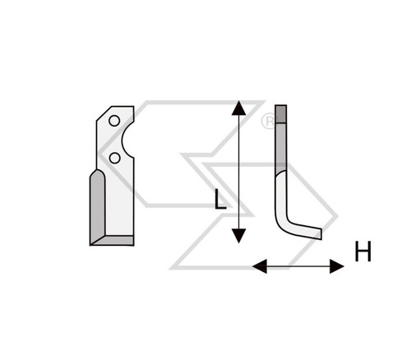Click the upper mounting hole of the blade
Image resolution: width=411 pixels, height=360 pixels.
point(114,121)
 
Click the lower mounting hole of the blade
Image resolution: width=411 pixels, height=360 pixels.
point(114,158)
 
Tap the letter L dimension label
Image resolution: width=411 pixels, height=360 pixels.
point(220,199)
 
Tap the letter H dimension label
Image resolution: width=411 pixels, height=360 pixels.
point(363,252)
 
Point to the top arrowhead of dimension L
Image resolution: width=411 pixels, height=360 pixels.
point(238,108)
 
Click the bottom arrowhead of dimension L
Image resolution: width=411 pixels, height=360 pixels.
point(238,236)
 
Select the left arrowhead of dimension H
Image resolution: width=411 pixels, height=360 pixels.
point(260,266)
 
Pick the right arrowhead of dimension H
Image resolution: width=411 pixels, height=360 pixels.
point(337,266)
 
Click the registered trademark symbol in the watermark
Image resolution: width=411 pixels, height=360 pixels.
point(269,122)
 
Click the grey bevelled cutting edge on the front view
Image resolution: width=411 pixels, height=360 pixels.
point(98,207)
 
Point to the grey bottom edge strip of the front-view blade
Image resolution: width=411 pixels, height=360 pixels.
point(115,240)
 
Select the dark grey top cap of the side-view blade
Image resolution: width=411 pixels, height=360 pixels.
point(281,114)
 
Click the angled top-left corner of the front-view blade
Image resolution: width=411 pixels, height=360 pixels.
point(104,113)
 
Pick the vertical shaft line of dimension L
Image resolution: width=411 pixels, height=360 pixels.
point(238,172)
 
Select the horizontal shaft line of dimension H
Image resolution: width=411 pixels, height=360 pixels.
point(298,266)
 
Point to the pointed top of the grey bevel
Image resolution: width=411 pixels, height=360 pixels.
point(98,170)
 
